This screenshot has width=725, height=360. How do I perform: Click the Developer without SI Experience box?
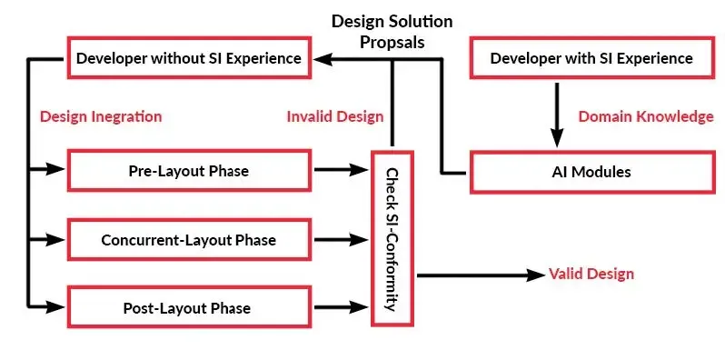pos(188,59)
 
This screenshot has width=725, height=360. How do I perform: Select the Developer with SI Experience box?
pos(591,59)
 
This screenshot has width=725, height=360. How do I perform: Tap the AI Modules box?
pos(591,172)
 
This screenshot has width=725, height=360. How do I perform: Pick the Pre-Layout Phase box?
pos(188,171)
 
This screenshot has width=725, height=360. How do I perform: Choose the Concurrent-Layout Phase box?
pos(188,241)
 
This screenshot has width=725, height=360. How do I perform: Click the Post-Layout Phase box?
pos(188,308)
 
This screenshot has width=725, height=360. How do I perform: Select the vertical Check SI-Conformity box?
pos(392,240)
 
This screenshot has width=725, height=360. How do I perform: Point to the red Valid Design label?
pos(591,274)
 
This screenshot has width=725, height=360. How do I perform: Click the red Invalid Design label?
pos(335,116)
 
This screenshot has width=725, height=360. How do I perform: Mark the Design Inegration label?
pos(101,116)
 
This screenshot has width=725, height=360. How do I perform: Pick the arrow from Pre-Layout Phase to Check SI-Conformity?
pos(343,170)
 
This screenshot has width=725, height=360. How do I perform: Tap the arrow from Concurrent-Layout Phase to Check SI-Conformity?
pos(343,241)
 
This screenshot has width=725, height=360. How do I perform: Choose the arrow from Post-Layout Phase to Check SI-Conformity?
pos(343,308)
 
